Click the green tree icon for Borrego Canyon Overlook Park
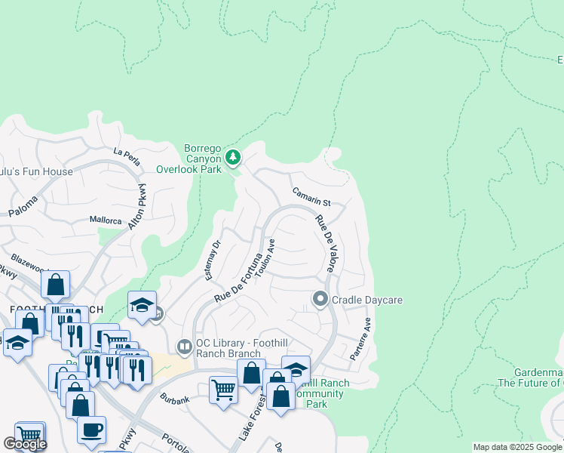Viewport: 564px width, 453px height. (x=233, y=157)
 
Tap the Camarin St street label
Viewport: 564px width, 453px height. (x=311, y=198)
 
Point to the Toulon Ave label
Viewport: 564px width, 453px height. (x=265, y=259)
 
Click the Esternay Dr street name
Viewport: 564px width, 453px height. (x=211, y=260)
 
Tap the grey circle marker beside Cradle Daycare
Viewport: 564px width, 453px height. (x=320, y=300)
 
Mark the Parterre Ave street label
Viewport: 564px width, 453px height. (x=360, y=338)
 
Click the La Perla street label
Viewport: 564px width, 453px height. (x=127, y=153)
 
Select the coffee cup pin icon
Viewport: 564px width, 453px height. (x=91, y=429)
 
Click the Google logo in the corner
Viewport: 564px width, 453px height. (x=25, y=444)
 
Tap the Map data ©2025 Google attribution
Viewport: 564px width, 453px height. (x=516, y=447)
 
